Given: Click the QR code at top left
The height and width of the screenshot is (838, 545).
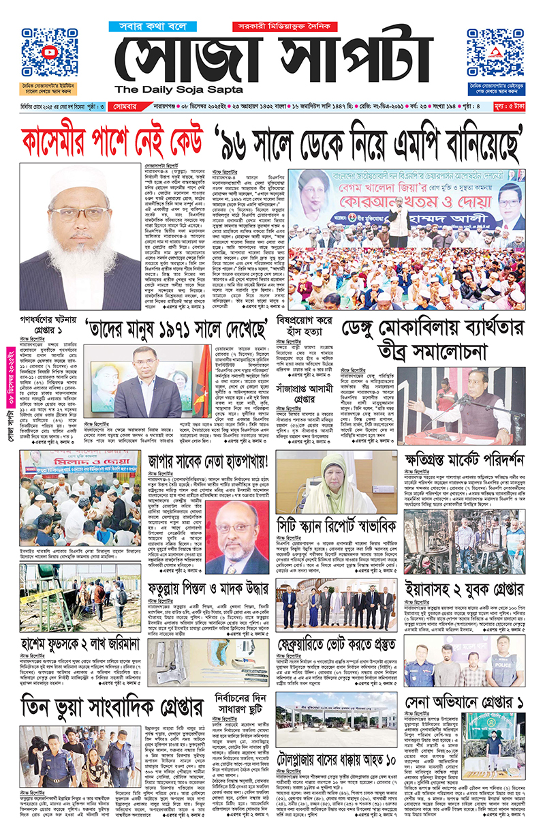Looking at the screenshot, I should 48,54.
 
